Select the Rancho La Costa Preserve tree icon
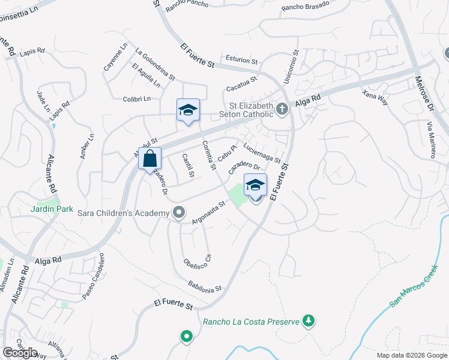click(x=309, y=322)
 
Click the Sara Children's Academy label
click(x=124, y=213)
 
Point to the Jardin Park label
click(x=52, y=209)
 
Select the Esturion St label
click(x=241, y=61)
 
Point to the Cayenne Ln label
click(x=116, y=58)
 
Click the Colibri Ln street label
click(x=136, y=99)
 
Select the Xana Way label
click(x=376, y=97)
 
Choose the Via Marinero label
click(x=431, y=139)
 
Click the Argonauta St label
click(x=208, y=213)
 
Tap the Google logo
click(x=20, y=353)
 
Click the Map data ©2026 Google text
click(x=412, y=355)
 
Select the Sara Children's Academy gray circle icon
click(x=178, y=212)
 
